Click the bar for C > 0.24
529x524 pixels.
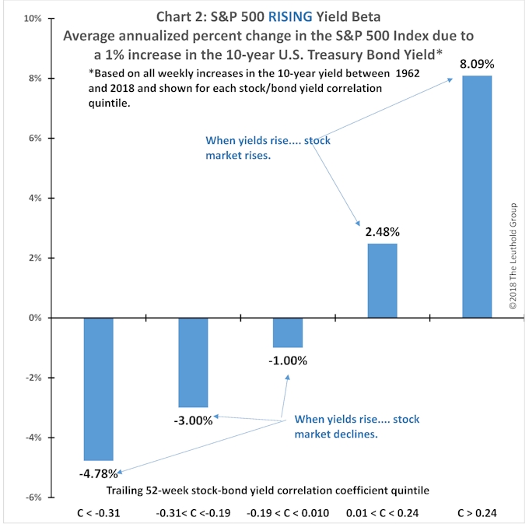(x=477, y=196)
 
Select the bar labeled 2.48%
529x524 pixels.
(x=382, y=280)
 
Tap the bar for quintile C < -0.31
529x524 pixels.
(x=98, y=389)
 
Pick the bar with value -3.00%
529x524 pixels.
(x=193, y=362)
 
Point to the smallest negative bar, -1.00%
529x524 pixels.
(x=288, y=332)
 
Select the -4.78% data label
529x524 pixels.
(x=98, y=473)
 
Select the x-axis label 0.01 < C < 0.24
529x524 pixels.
(x=382, y=513)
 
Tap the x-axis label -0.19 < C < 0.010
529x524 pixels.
(x=288, y=513)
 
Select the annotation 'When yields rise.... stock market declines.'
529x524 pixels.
(x=357, y=427)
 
